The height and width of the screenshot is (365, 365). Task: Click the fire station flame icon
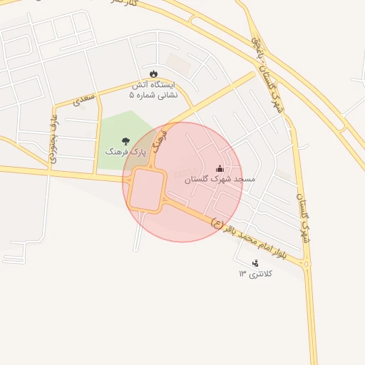[154, 73]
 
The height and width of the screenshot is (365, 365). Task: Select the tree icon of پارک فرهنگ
[126, 141]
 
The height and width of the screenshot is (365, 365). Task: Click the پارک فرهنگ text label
[125, 152]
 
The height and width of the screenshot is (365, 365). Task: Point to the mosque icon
[220, 169]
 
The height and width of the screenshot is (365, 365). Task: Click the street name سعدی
[84, 99]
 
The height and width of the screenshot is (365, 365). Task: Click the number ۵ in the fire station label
[131, 94]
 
